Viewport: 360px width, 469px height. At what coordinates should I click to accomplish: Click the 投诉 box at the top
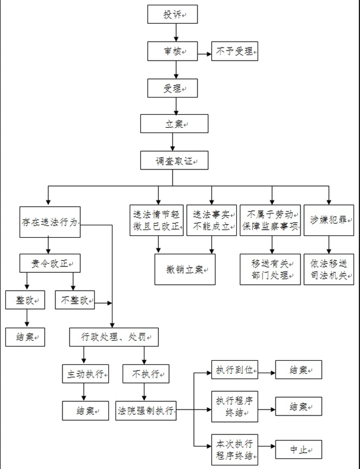coord(173,14)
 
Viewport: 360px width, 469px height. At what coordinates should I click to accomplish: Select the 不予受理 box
coord(234,52)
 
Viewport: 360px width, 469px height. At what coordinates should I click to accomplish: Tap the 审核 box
coord(173,52)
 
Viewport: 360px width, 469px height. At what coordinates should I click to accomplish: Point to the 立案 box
coord(174,124)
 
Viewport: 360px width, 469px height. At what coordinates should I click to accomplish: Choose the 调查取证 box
coord(174,160)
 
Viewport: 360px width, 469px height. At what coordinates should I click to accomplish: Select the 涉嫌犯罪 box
coord(328,220)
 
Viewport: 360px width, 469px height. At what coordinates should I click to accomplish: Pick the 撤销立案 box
coord(185,270)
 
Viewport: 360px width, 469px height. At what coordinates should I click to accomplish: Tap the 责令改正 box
coord(49,262)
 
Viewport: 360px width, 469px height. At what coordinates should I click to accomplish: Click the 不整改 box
coord(75,300)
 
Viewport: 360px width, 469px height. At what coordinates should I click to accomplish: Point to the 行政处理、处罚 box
coord(114,337)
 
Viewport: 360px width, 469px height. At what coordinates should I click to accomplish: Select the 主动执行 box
coord(86,374)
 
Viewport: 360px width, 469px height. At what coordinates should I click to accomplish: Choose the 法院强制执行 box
coord(146,411)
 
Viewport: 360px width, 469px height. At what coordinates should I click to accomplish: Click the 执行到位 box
coord(234,370)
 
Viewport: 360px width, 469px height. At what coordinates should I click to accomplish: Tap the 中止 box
coord(298,450)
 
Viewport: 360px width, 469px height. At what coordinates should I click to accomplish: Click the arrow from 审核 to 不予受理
coord(204,52)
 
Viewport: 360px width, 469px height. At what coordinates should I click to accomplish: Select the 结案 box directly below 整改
coord(24,337)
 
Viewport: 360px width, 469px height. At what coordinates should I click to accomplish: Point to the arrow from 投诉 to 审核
coord(173,33)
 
